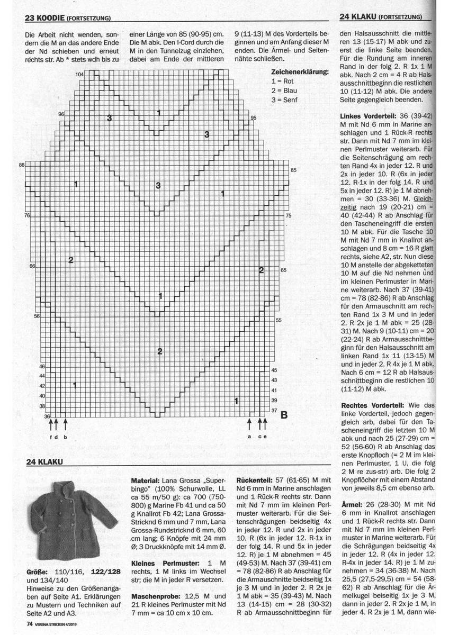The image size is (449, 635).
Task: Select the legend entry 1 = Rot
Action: (283, 81)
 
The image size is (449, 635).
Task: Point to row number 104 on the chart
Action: (79, 74)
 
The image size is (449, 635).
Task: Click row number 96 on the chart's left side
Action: (61, 114)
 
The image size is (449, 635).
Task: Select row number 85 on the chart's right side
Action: (294, 169)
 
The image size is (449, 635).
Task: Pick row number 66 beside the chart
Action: (32, 266)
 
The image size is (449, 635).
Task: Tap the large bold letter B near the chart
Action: (283, 415)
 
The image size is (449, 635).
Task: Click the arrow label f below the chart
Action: (51, 437)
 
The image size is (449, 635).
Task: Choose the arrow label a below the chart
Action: (249, 437)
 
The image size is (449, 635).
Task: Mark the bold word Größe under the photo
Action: (37, 573)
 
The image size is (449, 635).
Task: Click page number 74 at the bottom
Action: (30, 623)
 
